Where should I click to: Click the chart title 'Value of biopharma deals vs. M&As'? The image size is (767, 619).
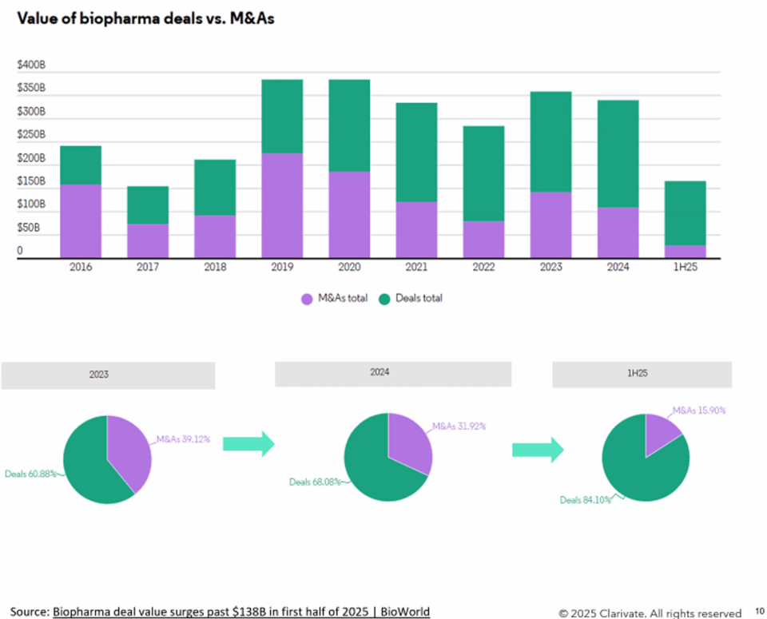145,18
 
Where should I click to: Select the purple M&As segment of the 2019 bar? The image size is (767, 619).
282,205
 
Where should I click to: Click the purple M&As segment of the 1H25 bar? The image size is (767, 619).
685,252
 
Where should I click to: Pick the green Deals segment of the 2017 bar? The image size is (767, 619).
148,205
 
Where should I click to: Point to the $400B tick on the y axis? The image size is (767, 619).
31,65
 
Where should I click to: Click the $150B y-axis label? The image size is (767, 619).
31,182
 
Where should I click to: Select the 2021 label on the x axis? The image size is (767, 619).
416,267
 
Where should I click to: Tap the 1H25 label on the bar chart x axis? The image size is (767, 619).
685,267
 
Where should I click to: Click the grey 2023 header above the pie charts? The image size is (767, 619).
108,375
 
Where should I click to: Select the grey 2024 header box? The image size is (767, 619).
392,373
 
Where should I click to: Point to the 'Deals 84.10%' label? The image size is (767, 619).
585,500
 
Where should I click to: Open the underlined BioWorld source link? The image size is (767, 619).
241,612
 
